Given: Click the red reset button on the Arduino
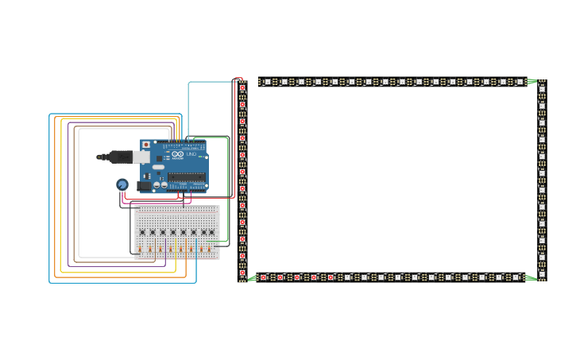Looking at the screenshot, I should point(145,145).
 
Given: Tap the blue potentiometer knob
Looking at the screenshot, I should point(122,184).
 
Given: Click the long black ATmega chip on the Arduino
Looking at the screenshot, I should point(187,177).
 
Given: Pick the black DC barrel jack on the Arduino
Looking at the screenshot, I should point(144,186).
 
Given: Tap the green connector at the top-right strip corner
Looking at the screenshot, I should point(531,81).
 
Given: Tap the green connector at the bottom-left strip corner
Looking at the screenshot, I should point(252,278).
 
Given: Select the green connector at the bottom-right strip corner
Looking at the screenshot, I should point(531,277).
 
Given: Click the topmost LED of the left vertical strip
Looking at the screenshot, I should point(242,88).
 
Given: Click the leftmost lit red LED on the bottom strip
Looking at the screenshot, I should point(264,277).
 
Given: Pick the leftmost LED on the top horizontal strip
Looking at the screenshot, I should point(267,81).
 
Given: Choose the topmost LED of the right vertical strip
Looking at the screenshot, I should point(542,88).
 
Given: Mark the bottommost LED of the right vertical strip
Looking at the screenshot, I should point(542,273).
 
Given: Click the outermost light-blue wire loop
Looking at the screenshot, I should point(49,199).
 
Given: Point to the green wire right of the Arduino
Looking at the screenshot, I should point(228,191).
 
